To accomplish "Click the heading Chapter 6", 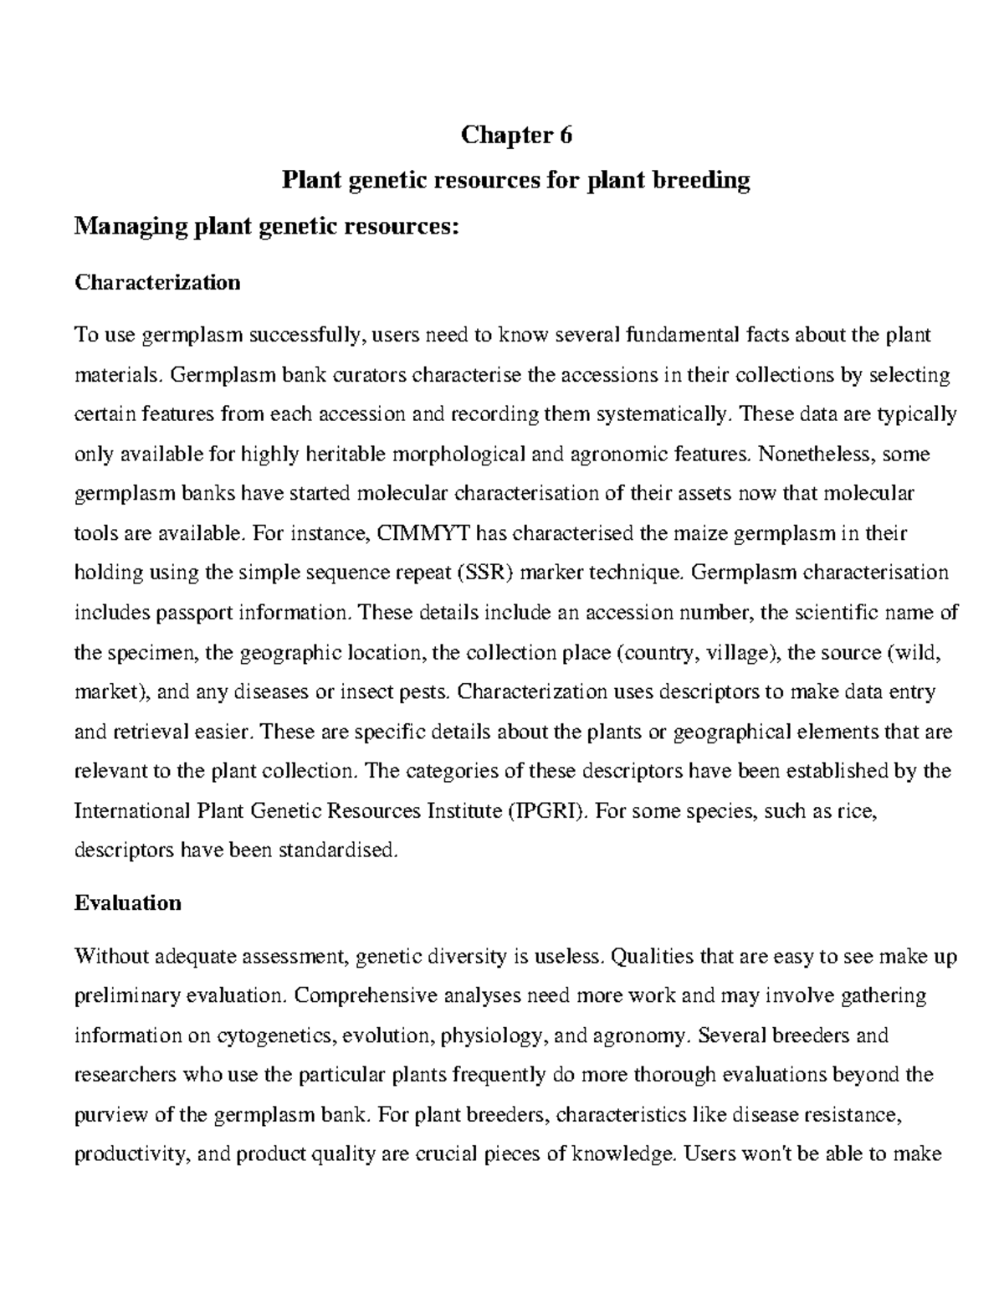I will pyautogui.click(x=516, y=136).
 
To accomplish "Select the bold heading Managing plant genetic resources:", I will pyautogui.click(x=267, y=226).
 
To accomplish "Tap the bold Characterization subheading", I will pyautogui.click(x=157, y=282).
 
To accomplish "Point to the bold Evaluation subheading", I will pyautogui.click(x=127, y=903).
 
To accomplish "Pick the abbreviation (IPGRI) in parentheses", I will pyautogui.click(x=547, y=811).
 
